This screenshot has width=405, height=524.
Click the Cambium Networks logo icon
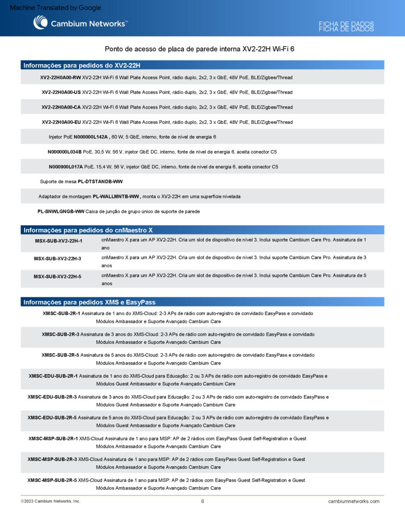tap(40, 23)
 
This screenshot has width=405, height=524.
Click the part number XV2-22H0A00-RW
tap(60, 78)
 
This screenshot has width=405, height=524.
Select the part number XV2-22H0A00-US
tap(61, 93)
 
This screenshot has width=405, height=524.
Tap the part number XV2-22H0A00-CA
tap(61, 107)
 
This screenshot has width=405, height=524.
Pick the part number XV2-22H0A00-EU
tap(61, 122)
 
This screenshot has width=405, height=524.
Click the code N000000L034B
tap(65, 152)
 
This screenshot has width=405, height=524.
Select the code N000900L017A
tap(66, 167)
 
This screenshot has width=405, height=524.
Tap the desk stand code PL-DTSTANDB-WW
tap(100, 182)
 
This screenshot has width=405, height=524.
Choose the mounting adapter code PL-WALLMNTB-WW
tap(116, 196)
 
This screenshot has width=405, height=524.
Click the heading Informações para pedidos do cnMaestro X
tap(88, 230)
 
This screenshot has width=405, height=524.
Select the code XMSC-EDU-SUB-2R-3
tap(52, 397)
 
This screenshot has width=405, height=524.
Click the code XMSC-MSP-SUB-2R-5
tap(52, 481)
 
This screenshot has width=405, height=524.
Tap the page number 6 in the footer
tap(203, 501)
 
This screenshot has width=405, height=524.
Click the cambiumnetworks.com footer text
tap(354, 501)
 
